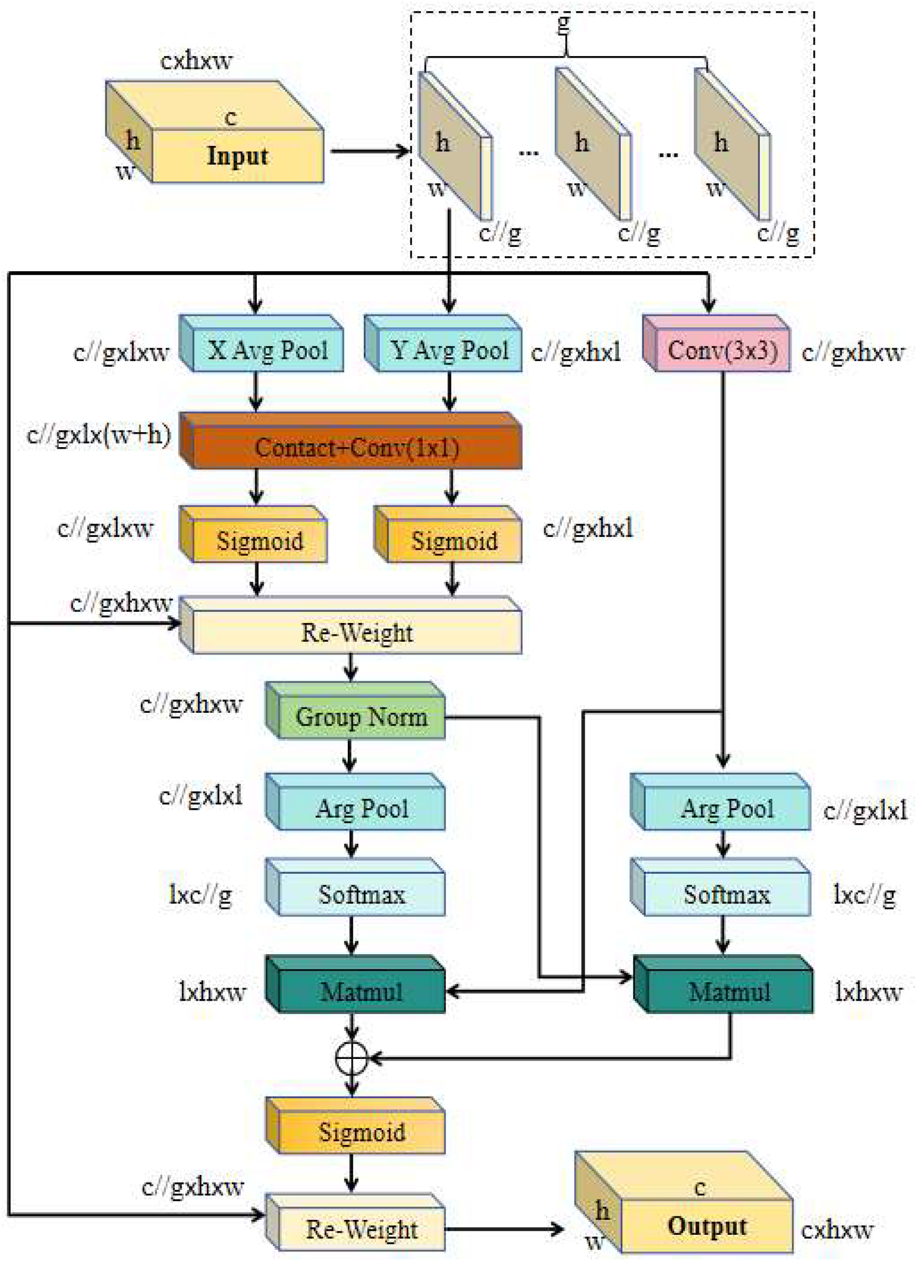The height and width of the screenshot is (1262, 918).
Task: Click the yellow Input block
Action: pyautogui.click(x=237, y=156)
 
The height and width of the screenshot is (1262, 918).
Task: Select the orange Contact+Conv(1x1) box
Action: pyautogui.click(x=356, y=447)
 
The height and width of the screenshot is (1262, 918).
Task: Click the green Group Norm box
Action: pyautogui.click(x=361, y=717)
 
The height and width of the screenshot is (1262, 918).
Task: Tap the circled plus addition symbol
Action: pyautogui.click(x=352, y=1058)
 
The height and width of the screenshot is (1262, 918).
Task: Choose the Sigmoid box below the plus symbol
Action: pyautogui.click(x=361, y=1132)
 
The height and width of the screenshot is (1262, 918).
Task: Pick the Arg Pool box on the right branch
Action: pyautogui.click(x=727, y=808)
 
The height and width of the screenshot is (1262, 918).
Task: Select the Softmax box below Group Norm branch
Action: pyautogui.click(x=361, y=895)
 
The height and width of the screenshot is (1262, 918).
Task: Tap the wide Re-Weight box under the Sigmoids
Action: pyautogui.click(x=356, y=633)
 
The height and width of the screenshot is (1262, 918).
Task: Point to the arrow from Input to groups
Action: pyautogui.click(x=370, y=151)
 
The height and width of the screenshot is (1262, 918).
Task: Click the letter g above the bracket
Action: pyautogui.click(x=564, y=23)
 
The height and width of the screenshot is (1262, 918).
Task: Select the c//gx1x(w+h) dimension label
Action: pyautogui.click(x=99, y=434)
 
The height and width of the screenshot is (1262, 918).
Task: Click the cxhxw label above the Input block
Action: pyautogui.click(x=196, y=60)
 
